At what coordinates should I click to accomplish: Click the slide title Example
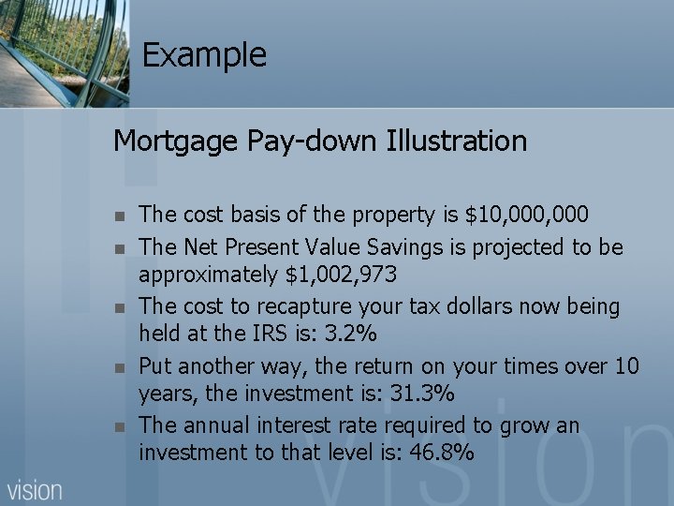[x=204, y=55]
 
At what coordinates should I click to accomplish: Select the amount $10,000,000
[x=527, y=216]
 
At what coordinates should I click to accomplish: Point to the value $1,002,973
[x=345, y=275]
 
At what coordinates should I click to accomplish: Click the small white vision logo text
[x=35, y=489]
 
